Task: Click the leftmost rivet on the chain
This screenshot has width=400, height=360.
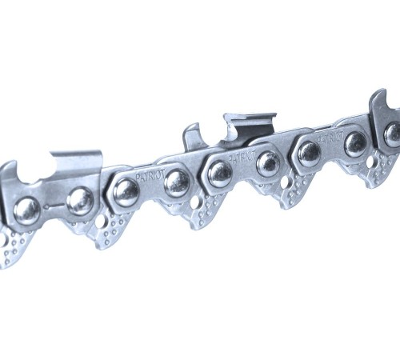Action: click(x=26, y=210)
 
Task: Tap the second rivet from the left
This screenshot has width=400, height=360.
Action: click(x=80, y=201)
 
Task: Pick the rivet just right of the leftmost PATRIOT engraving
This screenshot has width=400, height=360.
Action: click(x=177, y=182)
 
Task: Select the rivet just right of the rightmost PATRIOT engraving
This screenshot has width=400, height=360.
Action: click(x=355, y=143)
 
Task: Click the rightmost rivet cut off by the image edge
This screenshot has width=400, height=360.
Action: click(x=393, y=134)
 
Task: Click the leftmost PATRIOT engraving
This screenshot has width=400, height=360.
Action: click(x=149, y=174)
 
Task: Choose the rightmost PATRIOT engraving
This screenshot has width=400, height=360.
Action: click(x=331, y=136)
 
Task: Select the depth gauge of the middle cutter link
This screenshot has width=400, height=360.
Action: click(x=192, y=134)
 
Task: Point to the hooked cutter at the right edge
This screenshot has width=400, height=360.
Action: click(x=382, y=104)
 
